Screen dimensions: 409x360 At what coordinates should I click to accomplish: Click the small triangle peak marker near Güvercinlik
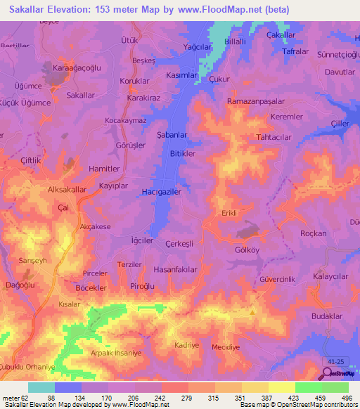pyautogui.click(x=252, y=311)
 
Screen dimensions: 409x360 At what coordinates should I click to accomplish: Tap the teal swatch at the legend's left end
pyautogui.click(x=41, y=387)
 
